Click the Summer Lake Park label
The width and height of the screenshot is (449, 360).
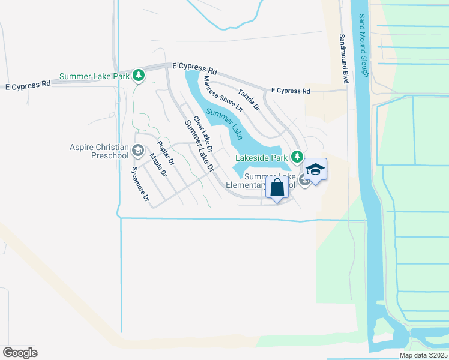[94, 77]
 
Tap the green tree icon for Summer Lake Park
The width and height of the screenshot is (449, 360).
[139, 75]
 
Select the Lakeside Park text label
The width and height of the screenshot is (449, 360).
[261, 158]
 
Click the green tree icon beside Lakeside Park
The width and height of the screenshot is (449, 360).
[297, 157]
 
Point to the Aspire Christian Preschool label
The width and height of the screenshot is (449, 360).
[99, 151]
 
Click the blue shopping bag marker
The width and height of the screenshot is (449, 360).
[277, 187]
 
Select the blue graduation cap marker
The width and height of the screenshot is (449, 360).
[315, 170]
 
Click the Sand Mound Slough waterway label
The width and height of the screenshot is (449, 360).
[363, 46]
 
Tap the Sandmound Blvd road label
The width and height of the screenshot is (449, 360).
[344, 58]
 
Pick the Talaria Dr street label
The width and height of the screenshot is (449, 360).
[249, 100]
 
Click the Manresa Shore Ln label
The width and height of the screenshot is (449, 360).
[223, 94]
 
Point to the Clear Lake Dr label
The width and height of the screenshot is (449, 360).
[203, 134]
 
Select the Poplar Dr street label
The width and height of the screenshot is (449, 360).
[165, 153]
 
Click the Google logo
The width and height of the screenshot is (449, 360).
[20, 352]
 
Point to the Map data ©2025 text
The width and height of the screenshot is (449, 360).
[423, 355]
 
